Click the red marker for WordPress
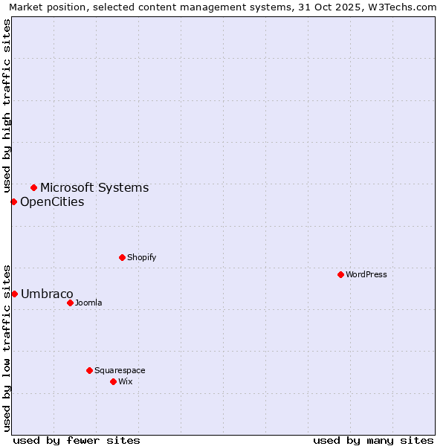coord(340,274)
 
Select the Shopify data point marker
coord(122,257)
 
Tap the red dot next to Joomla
coord(70,303)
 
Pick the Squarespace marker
coord(89,370)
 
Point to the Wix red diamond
coord(113,381)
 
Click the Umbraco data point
coord(14,294)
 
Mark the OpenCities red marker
coord(13,201)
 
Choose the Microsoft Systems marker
coord(33,187)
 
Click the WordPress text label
coord(366,274)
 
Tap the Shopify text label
coord(141,257)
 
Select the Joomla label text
coord(88,303)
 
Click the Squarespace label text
coord(120,370)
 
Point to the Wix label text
coord(126,381)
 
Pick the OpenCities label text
coord(52,201)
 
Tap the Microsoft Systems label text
coord(94,187)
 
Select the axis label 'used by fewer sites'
coord(77,440)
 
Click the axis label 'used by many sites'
coord(373,440)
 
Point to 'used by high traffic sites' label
coord(7,106)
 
